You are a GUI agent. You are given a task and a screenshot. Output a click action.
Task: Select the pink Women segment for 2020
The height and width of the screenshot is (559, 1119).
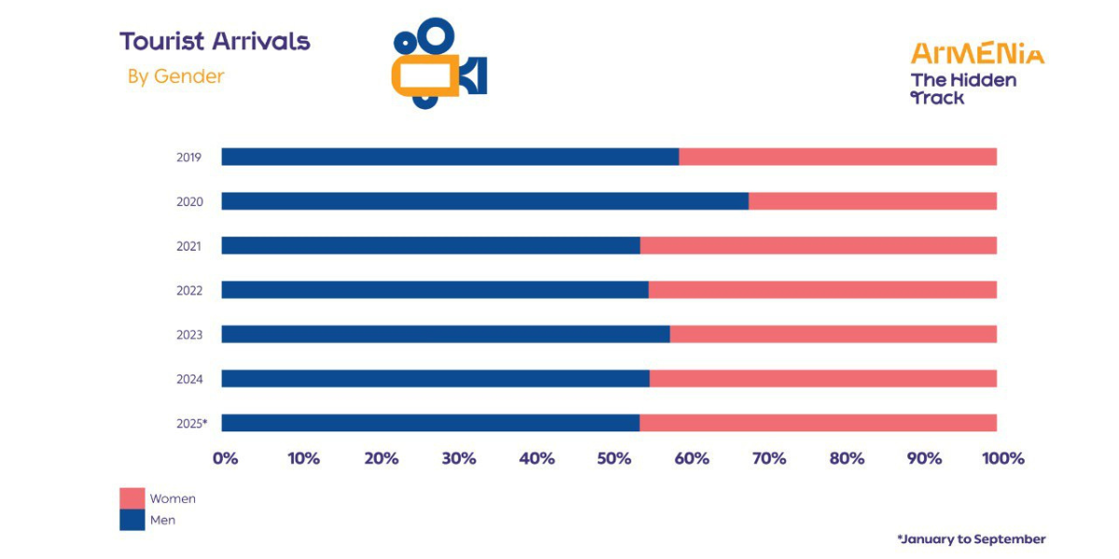click(x=872, y=201)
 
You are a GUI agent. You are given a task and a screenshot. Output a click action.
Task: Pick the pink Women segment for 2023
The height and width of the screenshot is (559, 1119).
click(x=833, y=334)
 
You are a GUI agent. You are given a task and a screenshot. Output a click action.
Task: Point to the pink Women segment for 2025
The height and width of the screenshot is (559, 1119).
click(x=818, y=423)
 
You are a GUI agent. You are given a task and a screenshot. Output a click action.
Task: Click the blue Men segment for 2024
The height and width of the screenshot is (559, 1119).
click(x=435, y=378)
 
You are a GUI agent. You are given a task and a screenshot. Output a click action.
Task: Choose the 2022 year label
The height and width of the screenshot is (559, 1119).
click(x=189, y=291)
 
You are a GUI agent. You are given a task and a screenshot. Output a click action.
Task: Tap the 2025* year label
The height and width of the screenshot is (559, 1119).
click(x=191, y=423)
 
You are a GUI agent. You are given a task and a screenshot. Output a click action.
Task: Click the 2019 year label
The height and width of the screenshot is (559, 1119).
click(x=189, y=157)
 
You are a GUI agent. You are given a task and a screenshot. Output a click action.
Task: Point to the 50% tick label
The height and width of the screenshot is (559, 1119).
click(x=614, y=458)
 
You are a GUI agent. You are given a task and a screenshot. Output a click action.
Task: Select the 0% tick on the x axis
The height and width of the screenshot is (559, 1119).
click(x=226, y=458)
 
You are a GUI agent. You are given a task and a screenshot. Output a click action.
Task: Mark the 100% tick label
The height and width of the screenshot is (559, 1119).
click(x=1002, y=458)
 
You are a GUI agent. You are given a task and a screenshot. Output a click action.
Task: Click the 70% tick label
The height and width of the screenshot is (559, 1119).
click(x=769, y=458)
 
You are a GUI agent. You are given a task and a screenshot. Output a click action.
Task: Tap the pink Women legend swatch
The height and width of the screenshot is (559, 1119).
click(x=132, y=498)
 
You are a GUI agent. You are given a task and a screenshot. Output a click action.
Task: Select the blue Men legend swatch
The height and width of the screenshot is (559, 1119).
click(x=132, y=520)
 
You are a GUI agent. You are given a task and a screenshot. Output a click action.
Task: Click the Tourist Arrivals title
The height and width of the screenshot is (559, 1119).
click(x=214, y=41)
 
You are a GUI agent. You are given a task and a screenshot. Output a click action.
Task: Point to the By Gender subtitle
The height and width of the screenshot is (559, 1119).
click(x=176, y=76)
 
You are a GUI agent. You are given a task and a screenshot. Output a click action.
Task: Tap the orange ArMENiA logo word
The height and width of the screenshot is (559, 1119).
click(x=977, y=53)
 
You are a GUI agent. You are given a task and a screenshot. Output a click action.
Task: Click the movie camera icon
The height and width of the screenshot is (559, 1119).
click(x=438, y=63)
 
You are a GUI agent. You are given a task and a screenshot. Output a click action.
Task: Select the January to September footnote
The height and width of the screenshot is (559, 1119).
click(x=971, y=539)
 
